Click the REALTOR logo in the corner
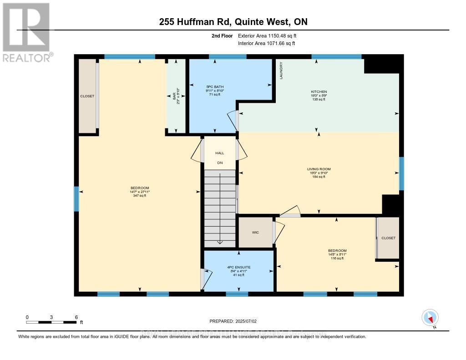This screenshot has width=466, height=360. [x=26, y=32]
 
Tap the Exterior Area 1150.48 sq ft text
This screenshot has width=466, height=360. [x=268, y=35]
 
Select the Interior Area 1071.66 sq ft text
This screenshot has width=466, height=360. [x=266, y=43]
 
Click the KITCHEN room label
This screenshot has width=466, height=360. [x=319, y=91]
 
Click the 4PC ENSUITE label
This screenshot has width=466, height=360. [x=239, y=267]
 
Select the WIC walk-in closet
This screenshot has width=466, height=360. [x=255, y=233]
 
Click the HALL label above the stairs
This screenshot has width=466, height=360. [x=219, y=153]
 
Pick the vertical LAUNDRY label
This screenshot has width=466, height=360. [x=281, y=71]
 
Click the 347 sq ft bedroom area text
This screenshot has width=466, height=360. [x=140, y=196]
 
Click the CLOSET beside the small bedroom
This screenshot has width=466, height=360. [x=389, y=238]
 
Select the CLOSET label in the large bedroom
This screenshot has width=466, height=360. [x=87, y=96]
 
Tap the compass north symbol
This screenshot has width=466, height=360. [x=430, y=317]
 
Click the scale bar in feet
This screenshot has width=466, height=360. [x=51, y=322]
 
